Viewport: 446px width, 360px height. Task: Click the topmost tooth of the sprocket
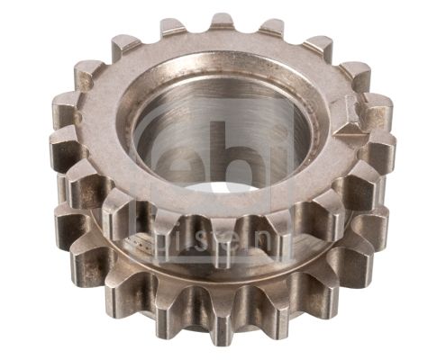[x=223, y=22]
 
